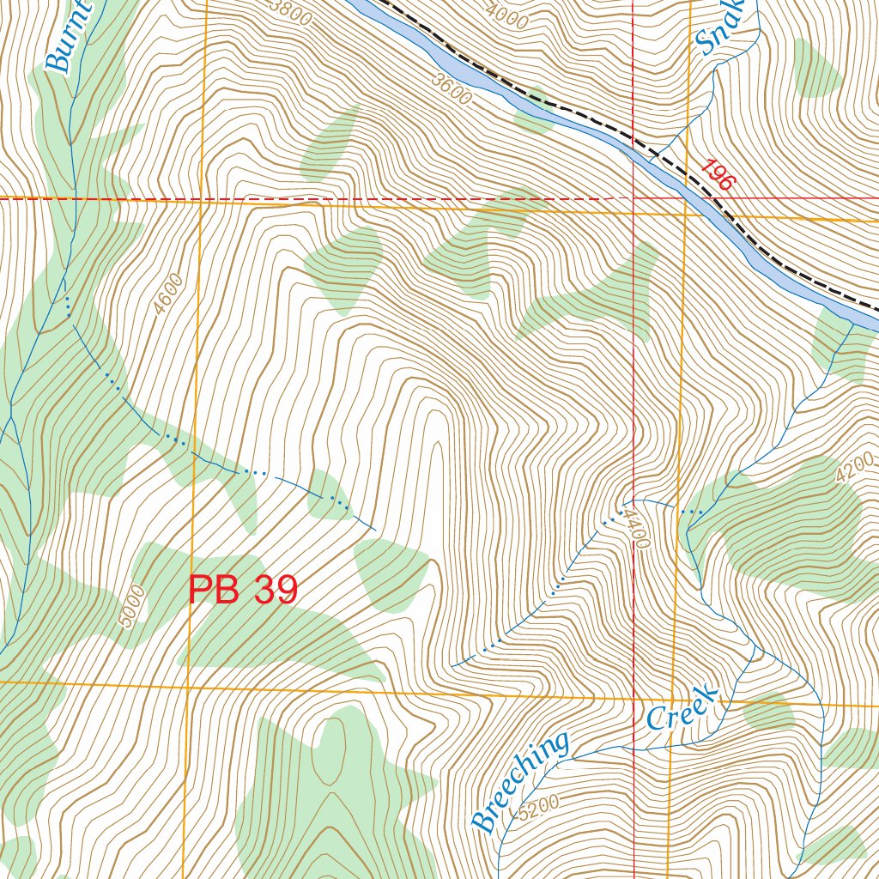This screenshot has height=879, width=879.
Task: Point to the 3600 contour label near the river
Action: [453, 91]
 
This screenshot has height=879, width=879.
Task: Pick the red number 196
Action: [717, 175]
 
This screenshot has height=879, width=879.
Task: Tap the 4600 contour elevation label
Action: [170, 294]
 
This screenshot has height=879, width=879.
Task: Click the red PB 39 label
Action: [243, 591]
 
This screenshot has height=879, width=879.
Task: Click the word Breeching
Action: [520, 781]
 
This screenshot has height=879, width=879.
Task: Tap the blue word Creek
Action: [682, 707]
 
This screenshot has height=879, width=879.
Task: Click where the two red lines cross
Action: [633, 197]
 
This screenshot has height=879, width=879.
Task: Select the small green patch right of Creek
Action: [767, 712]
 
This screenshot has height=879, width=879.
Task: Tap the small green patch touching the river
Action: [534, 112]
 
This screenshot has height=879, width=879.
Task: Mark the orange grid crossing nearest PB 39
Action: [188, 686]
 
